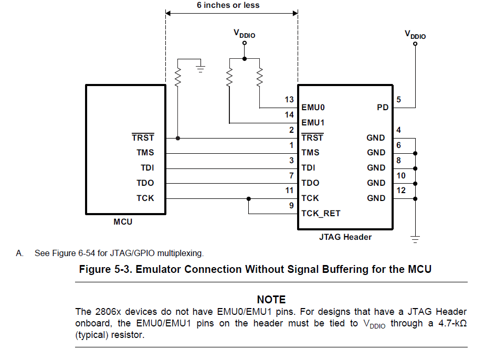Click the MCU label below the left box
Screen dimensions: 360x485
pyautogui.click(x=123, y=222)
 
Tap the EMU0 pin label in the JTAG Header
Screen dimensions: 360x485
pyautogui.click(x=313, y=108)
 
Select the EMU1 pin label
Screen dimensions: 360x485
pyautogui.click(x=313, y=123)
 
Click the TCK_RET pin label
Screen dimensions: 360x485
pyautogui.click(x=321, y=213)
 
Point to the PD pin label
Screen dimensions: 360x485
pyautogui.click(x=383, y=108)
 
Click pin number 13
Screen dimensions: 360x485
pyautogui.click(x=289, y=100)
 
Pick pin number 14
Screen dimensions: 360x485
pyautogui.click(x=289, y=115)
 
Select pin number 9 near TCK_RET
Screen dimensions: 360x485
pyautogui.click(x=291, y=206)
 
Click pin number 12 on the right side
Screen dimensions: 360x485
pyautogui.click(x=401, y=190)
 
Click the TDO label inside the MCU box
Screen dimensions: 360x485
pyautogui.click(x=145, y=183)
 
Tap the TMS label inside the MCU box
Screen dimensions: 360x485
pyautogui.click(x=145, y=153)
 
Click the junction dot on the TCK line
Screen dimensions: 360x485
pyautogui.click(x=249, y=199)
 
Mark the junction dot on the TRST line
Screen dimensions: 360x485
pyautogui.click(x=178, y=138)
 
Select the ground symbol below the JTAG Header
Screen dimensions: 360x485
pyautogui.click(x=415, y=239)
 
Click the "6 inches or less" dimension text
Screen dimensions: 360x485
pyautogui.click(x=228, y=5)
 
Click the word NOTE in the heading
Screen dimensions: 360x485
pyautogui.click(x=271, y=300)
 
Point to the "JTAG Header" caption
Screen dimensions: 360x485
pyautogui.click(x=345, y=237)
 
